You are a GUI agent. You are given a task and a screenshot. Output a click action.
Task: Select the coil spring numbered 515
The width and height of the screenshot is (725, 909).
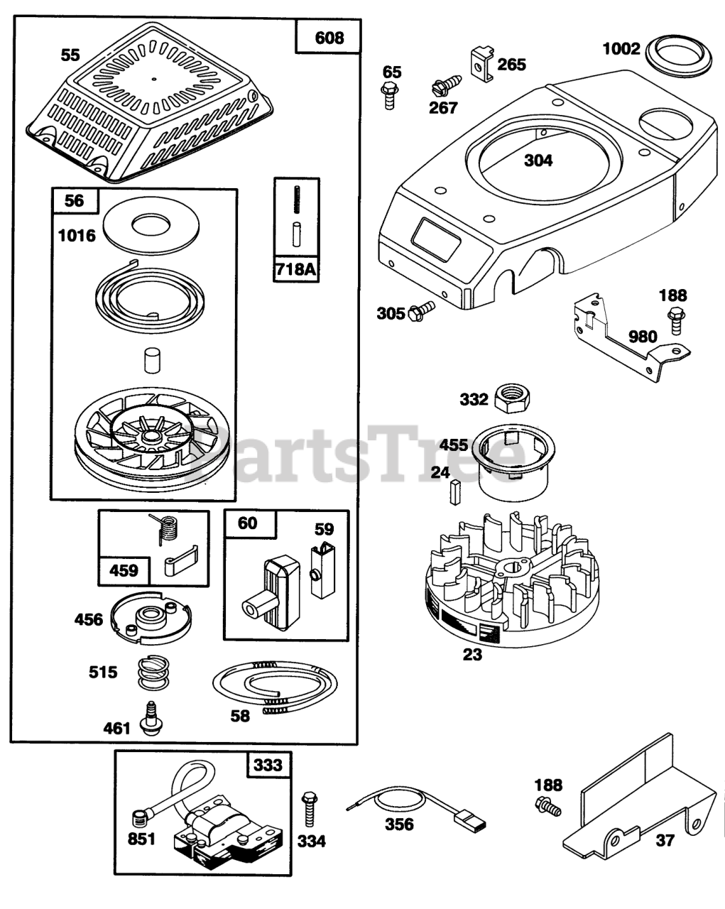pos(154,672)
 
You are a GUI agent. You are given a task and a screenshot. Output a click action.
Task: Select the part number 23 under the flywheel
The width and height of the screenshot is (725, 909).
pos(472,654)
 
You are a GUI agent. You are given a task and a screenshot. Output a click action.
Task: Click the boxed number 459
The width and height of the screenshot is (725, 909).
pos(124,570)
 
